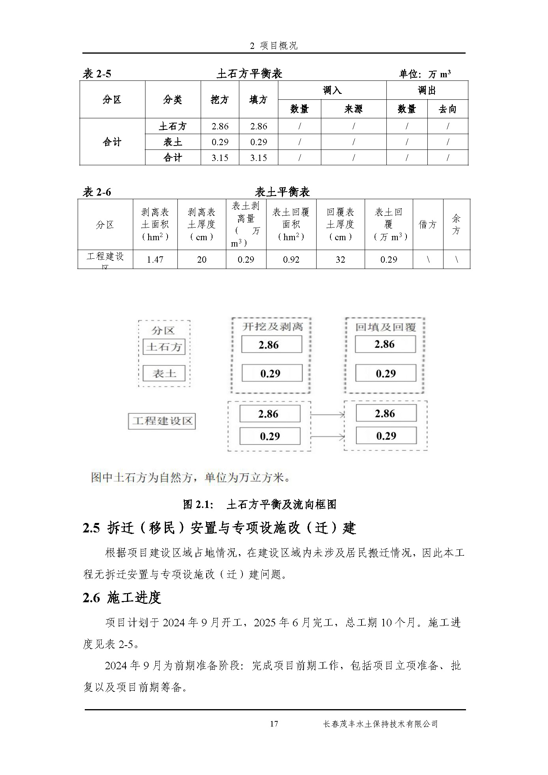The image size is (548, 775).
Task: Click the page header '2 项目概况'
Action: (274, 46)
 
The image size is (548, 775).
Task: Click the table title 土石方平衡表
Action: (250, 73)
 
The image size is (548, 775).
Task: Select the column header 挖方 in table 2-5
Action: (220, 100)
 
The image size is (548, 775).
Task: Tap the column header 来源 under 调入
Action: (353, 109)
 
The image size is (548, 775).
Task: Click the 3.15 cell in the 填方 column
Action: (258, 158)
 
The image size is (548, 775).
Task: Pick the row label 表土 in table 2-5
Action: (173, 142)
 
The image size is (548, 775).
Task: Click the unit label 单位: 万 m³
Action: (425, 74)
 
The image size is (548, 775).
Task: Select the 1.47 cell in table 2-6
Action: (155, 260)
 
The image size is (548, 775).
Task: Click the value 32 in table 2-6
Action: (340, 260)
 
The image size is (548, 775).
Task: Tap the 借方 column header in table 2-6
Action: (428, 224)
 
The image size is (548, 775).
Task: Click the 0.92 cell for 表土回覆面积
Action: (291, 260)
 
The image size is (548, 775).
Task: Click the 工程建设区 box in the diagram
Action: (162, 421)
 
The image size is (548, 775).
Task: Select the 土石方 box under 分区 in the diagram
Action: (164, 347)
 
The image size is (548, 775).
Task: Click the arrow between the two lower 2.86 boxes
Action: (328, 414)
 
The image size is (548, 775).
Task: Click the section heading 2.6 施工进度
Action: (122, 598)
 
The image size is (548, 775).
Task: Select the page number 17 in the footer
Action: (274, 724)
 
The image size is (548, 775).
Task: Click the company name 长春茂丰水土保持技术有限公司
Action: (380, 724)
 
